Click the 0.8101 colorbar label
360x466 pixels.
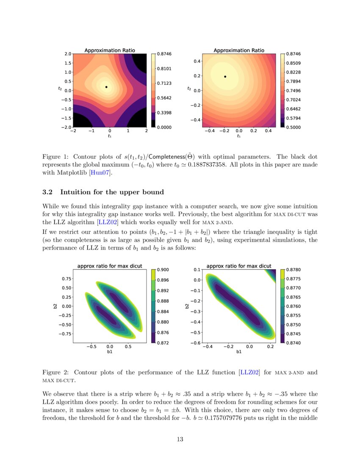coord(164,69)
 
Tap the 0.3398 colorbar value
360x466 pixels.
coord(164,113)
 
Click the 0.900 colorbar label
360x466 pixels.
coord(163,269)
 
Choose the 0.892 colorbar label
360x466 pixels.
coord(163,291)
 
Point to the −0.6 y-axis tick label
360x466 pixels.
coord(194,343)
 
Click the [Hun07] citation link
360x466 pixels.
coord(99,172)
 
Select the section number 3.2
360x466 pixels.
coord(48,192)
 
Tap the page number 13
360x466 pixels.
coord(180,439)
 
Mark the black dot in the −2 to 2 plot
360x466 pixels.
coord(106,87)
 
